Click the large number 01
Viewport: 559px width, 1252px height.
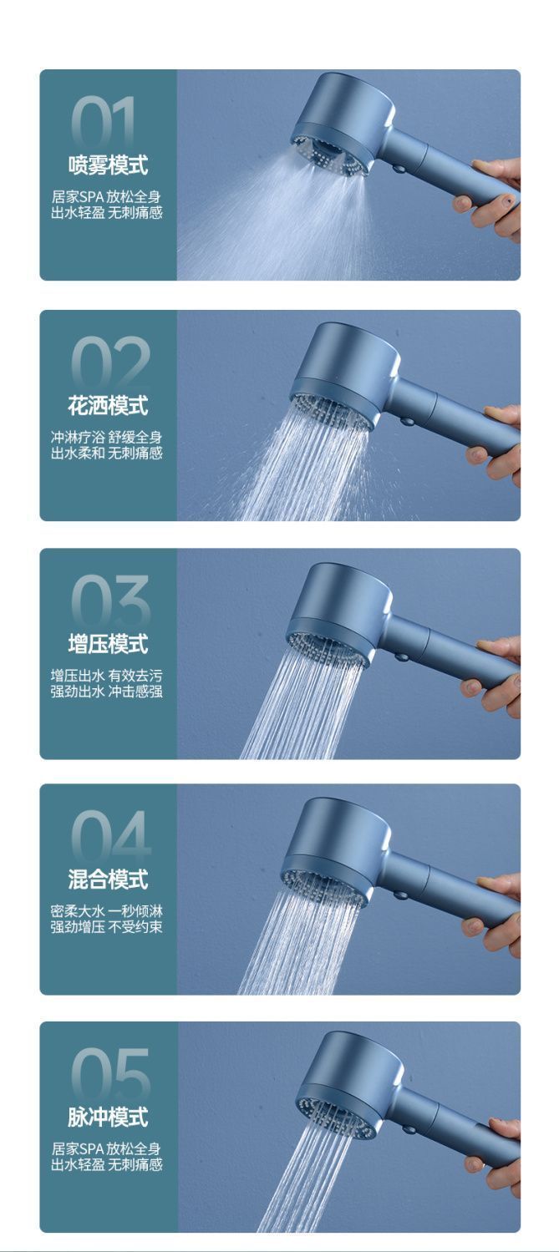105,124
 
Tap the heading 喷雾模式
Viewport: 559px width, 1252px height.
108,165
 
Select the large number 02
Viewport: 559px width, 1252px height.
109,363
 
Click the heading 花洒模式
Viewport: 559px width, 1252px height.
108,406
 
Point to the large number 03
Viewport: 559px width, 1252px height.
109,602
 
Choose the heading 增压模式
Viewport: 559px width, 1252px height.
108,644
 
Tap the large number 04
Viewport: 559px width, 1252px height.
109,838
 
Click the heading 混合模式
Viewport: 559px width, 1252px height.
108,879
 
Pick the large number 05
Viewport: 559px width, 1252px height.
109,1076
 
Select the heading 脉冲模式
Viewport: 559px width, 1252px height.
108,1118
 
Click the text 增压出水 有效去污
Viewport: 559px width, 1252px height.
107,676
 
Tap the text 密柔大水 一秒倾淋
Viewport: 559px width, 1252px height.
107,911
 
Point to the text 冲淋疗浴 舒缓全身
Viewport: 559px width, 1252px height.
107,437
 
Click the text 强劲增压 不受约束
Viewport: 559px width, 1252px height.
107,927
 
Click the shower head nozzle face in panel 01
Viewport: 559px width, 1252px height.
331,154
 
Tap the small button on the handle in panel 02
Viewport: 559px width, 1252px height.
407,421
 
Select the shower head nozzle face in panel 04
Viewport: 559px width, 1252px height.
323,888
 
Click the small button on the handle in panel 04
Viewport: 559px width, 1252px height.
399,895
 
